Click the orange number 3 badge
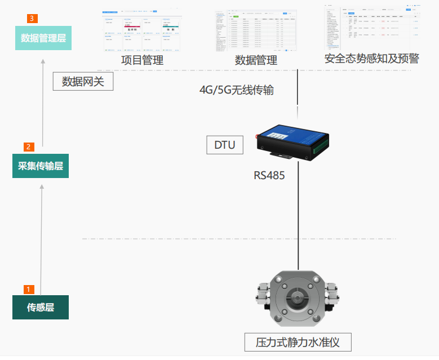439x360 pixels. click(32, 19)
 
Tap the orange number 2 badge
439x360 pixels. click(29, 146)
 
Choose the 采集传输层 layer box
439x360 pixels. click(41, 166)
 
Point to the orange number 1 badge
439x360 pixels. click(29, 289)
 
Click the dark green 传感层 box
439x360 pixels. click(41, 308)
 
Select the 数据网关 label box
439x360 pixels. click(83, 82)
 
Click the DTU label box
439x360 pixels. click(225, 145)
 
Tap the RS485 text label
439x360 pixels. click(269, 176)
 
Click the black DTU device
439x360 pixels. click(292, 141)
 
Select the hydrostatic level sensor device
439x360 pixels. click(296, 298)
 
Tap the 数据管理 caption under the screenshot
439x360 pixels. click(256, 60)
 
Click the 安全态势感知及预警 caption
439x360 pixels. click(371, 59)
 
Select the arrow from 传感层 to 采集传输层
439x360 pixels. click(41, 237)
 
